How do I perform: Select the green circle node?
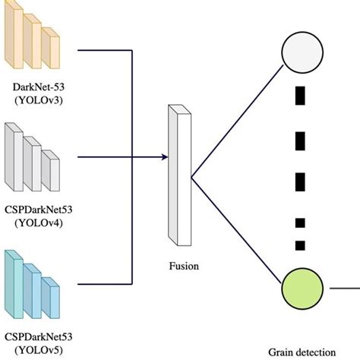[x=302, y=288]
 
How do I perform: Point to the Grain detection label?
[x=302, y=352]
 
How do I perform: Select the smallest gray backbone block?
[x=51, y=169]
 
